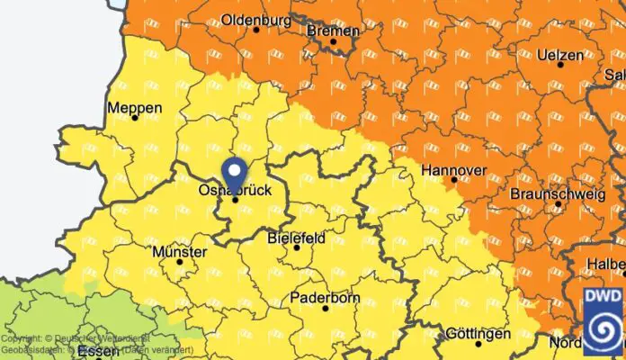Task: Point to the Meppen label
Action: coord(135,107)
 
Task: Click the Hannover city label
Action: coord(454,170)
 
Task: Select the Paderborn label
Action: coord(325,297)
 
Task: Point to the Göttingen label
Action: coord(478,333)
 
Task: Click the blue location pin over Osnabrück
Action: coord(235,171)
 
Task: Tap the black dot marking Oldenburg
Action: coord(256,30)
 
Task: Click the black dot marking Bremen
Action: coord(333,41)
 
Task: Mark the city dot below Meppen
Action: coord(135,118)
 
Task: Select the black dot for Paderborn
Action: coord(325,309)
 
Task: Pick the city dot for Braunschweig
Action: coord(558,205)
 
